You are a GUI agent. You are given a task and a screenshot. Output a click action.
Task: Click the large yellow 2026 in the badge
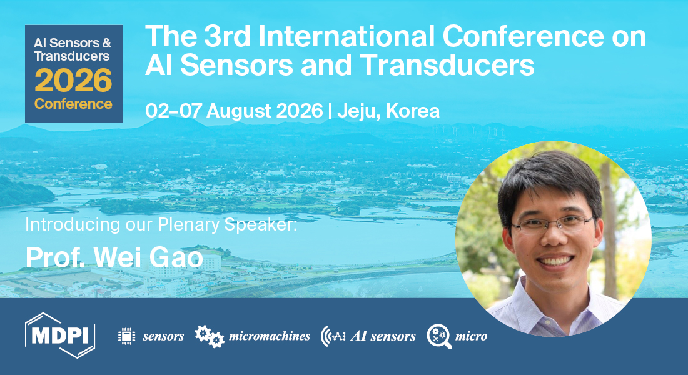pyautogui.click(x=73, y=81)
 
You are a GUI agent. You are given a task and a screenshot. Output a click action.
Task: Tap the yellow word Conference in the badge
pyautogui.click(x=73, y=104)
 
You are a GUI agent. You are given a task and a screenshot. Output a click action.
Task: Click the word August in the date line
pyautogui.click(x=235, y=111)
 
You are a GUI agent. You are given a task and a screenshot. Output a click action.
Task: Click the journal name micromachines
pyautogui.click(x=270, y=336)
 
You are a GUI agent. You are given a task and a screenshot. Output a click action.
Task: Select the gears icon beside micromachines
pyautogui.click(x=210, y=336)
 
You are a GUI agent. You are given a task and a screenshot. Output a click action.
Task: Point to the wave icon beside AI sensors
pyautogui.click(x=333, y=336)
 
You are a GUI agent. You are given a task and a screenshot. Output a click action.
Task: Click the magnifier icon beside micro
pyautogui.click(x=439, y=336)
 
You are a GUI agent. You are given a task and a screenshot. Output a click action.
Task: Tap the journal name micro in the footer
pyautogui.click(x=471, y=336)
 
